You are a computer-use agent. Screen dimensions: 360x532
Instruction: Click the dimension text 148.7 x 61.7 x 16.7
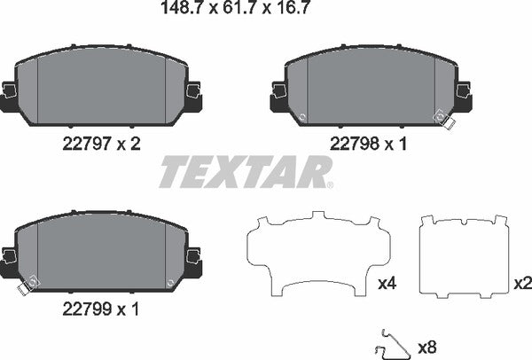tap(223, 12)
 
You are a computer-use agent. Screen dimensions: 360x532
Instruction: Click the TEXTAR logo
tap(246, 171)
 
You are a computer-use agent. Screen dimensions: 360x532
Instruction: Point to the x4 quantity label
tap(387, 284)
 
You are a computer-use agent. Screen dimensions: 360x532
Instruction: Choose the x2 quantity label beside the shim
tap(521, 284)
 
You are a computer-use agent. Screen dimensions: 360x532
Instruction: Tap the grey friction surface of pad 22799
tap(102, 249)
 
